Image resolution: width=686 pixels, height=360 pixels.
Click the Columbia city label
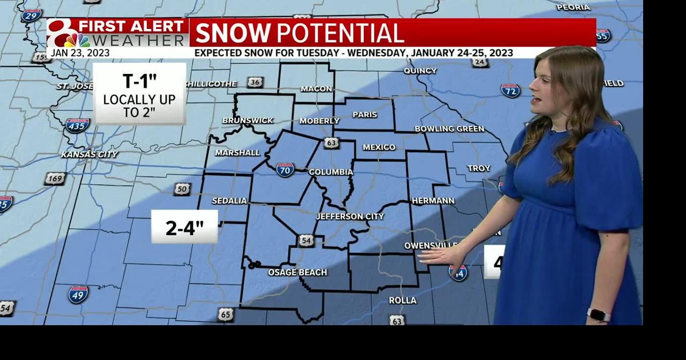pyautogui.click(x=331, y=172)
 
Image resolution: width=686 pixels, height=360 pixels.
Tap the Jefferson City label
pyautogui.click(x=349, y=216)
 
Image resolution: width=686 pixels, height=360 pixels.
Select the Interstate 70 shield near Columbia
pyautogui.click(x=285, y=170)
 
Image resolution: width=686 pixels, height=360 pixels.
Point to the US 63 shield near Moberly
pyautogui.click(x=331, y=142)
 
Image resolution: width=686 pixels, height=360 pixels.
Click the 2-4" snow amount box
pyautogui.click(x=184, y=227)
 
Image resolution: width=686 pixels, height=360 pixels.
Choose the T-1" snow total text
pyautogui.click(x=139, y=81)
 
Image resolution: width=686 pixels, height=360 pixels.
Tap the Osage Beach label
pyautogui.click(x=297, y=272)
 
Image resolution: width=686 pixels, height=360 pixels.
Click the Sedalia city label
pyautogui.click(x=229, y=201)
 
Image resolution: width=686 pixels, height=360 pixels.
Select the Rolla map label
pyautogui.click(x=402, y=300)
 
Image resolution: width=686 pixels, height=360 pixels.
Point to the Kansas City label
pyautogui.click(x=90, y=154)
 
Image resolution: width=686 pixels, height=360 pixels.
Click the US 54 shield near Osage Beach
pyautogui.click(x=306, y=241)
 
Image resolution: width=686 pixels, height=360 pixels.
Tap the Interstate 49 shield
pyautogui.click(x=78, y=294)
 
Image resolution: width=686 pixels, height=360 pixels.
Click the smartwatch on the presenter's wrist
pyautogui.click(x=598, y=315)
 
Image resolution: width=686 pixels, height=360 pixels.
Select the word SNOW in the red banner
pyautogui.click(x=233, y=33)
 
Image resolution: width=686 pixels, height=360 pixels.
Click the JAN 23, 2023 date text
pyautogui.click(x=80, y=53)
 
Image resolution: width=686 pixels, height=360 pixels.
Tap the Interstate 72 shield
pyautogui.click(x=510, y=91)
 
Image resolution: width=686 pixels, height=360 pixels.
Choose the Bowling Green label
pyautogui.click(x=449, y=129)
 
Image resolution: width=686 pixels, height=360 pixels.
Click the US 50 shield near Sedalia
pyautogui.click(x=182, y=189)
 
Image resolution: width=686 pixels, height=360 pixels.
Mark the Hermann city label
pyautogui.click(x=433, y=200)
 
